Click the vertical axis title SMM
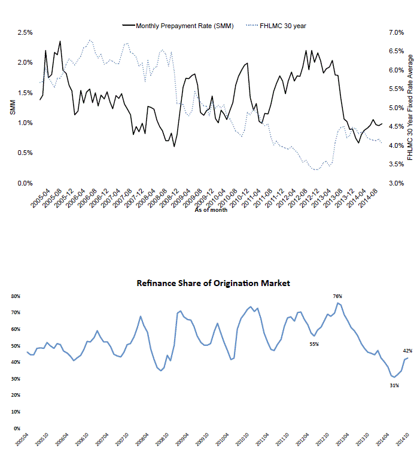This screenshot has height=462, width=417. coord(13,108)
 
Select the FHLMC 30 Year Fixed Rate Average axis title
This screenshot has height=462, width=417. coord(410,108)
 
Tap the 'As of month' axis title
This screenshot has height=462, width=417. coord(211,218)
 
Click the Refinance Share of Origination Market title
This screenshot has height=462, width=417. coord(213,283)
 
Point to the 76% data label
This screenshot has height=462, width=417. coord(337,296)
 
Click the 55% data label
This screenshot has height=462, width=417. coord(314,344)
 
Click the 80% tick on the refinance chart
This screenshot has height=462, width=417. coord(14,296)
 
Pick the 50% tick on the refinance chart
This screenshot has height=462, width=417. coord(14,346)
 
